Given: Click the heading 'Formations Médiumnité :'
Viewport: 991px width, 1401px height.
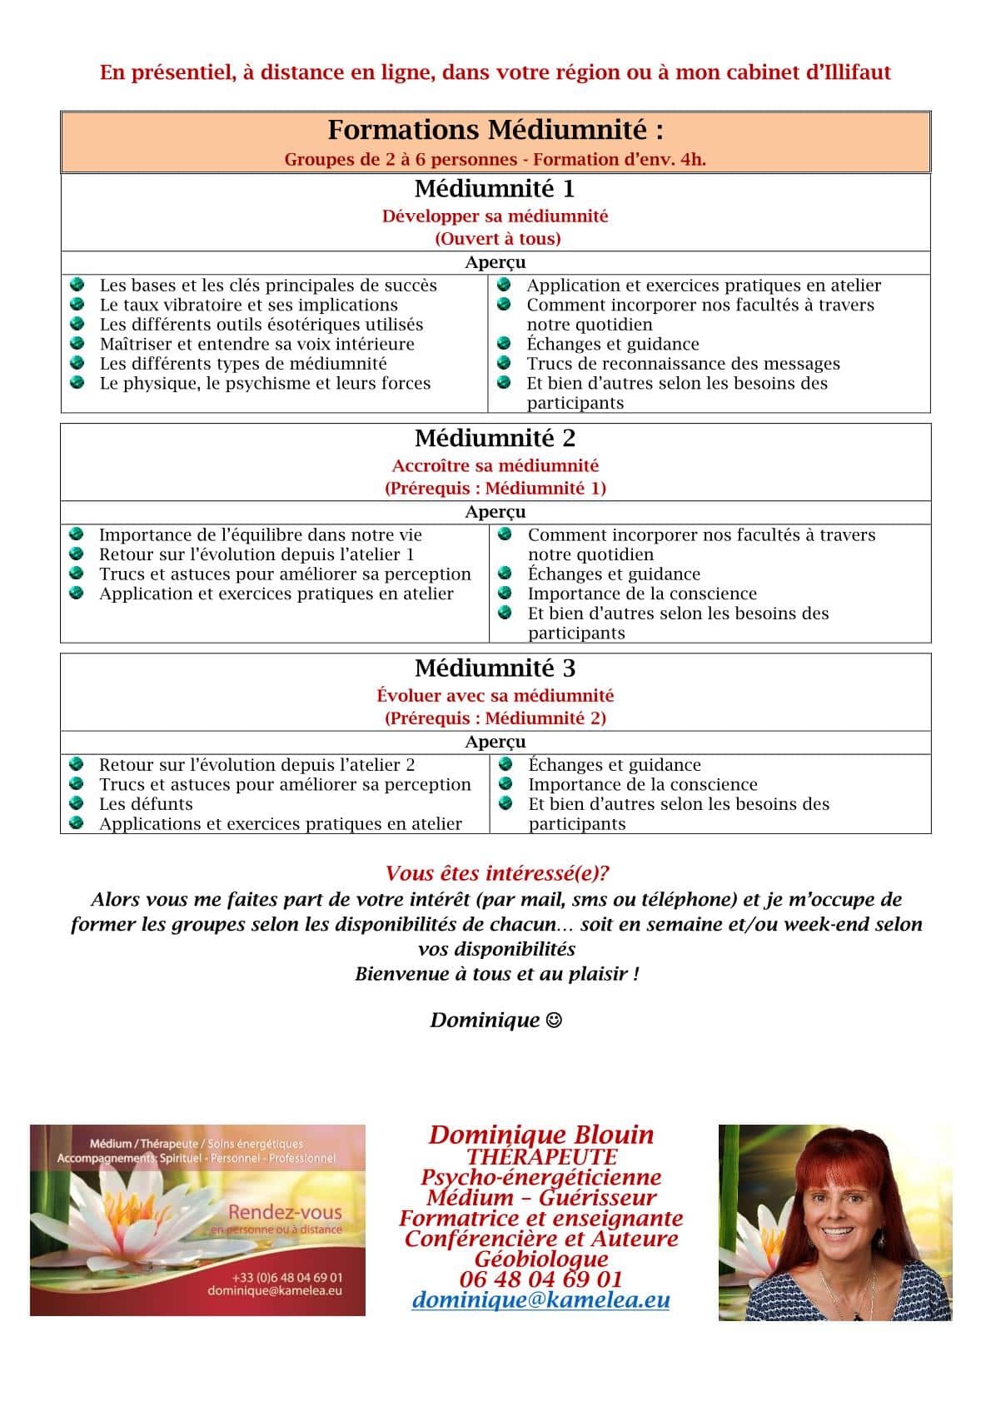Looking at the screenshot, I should click(495, 130).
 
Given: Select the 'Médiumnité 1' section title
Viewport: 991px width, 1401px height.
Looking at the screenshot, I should click(495, 188).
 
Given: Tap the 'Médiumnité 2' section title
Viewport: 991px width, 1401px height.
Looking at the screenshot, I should click(495, 438).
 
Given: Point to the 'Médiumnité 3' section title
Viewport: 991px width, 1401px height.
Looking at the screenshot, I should click(495, 668).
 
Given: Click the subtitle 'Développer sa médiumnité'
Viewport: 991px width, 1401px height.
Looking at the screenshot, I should click(495, 216).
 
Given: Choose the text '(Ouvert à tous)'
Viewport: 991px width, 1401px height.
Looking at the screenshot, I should click(497, 239).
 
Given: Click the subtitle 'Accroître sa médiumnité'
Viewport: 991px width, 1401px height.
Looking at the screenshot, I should click(495, 466).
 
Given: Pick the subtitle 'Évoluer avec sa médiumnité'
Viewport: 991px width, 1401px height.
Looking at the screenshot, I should click(495, 696).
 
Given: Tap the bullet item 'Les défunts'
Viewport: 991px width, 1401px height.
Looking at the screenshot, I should click(146, 804).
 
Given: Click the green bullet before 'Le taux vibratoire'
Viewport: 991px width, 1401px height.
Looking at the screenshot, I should click(77, 305).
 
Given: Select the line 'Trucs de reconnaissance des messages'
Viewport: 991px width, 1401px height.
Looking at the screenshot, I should click(683, 364).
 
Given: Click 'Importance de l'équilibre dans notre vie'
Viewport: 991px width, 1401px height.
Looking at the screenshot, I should click(260, 535).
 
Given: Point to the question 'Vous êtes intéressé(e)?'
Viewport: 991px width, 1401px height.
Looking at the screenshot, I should click(497, 873).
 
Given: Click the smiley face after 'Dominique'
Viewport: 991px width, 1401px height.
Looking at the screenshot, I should click(554, 1021).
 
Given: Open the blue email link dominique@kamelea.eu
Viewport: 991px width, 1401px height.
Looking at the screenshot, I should click(540, 1299).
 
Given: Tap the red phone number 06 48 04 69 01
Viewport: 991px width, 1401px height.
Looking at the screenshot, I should click(540, 1279).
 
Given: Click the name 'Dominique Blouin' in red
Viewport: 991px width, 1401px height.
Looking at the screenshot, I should click(540, 1135).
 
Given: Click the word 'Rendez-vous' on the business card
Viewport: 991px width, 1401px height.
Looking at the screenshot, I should click(285, 1212).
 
